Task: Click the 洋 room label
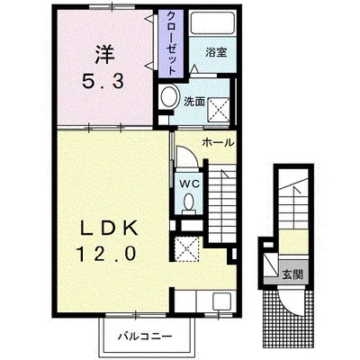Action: (105, 55)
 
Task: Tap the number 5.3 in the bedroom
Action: (103, 81)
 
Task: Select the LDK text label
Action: (108, 229)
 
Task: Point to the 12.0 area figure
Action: (107, 254)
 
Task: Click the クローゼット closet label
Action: (171, 43)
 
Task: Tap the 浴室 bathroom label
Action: (216, 52)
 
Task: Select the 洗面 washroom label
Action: (194, 102)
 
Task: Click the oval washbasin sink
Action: (168, 95)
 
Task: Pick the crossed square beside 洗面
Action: (218, 110)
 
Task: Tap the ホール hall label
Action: (218, 143)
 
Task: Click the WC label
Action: (189, 184)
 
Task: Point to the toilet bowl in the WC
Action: (188, 202)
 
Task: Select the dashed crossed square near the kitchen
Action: (186, 248)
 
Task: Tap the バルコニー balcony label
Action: (145, 336)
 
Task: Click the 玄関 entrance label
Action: (292, 274)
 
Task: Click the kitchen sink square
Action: (222, 301)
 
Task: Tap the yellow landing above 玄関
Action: (293, 242)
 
